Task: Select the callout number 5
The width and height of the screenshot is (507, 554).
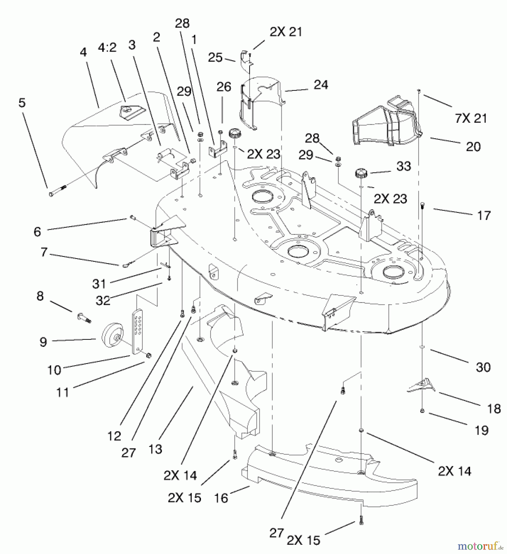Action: (22, 103)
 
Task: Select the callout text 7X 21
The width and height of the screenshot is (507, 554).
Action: (471, 118)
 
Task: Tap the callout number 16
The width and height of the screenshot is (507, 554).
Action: (221, 498)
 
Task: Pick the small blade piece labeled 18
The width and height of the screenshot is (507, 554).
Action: (421, 385)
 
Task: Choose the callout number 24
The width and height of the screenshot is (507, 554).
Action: (321, 85)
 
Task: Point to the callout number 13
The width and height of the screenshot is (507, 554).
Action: (155, 449)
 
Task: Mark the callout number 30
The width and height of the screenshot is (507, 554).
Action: (483, 367)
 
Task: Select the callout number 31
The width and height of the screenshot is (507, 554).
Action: (99, 283)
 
